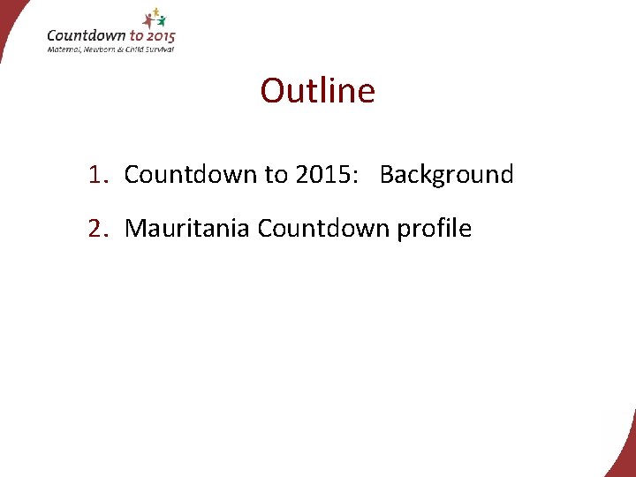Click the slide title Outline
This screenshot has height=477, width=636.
[x=317, y=91]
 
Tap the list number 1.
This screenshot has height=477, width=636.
[x=96, y=175]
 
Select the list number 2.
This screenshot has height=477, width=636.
[x=96, y=229]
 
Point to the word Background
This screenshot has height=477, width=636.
[x=446, y=175]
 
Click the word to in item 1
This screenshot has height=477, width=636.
[x=275, y=175]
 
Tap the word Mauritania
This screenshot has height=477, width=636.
[x=187, y=229]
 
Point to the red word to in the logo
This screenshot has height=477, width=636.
[x=136, y=36]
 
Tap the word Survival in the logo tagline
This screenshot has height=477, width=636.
[x=157, y=49]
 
